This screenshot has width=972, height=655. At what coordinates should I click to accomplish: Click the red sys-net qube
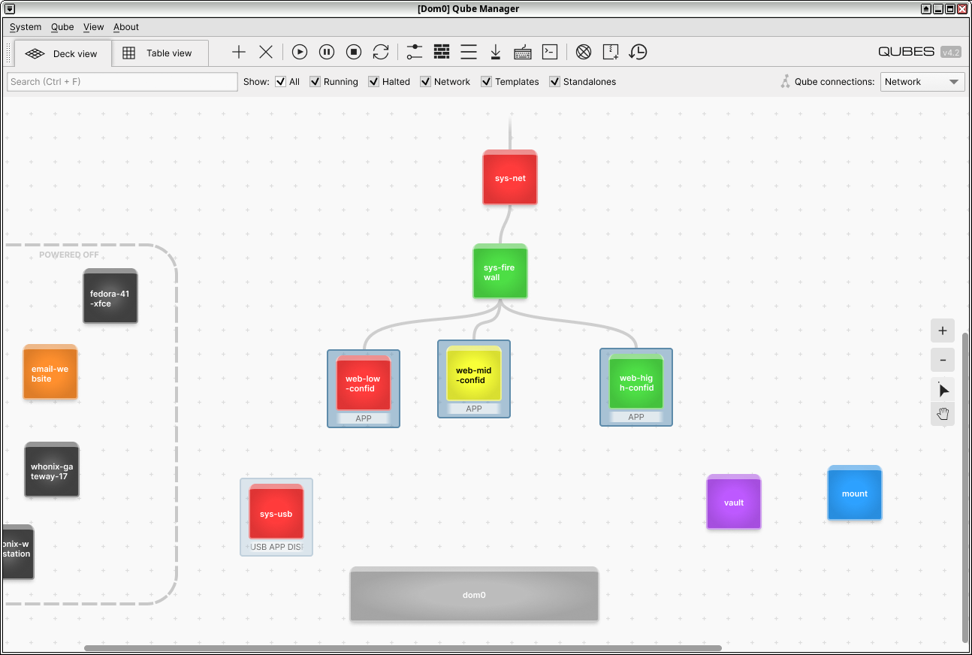pos(510,177)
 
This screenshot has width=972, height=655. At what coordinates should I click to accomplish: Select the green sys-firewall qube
pos(500,271)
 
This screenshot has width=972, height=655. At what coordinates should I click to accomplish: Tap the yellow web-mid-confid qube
pos(473,374)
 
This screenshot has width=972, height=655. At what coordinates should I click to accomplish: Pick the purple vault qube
pos(733,502)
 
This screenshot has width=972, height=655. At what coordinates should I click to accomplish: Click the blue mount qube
pos(854,493)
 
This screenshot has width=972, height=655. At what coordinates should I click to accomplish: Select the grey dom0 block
pos(474,594)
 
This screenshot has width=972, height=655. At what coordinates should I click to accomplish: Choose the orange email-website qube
pos(50,372)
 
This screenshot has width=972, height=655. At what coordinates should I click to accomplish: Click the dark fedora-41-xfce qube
pos(110,296)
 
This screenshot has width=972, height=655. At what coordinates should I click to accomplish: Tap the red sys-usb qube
pos(276,512)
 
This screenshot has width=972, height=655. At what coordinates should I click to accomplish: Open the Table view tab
pos(160,53)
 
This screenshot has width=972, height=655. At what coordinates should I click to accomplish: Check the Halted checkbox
pos(373,82)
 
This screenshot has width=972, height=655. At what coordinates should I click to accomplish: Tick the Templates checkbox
pos(486,82)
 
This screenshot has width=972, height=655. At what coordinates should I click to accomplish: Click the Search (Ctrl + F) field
pos(122,82)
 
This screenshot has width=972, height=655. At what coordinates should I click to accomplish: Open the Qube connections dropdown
pos(922,82)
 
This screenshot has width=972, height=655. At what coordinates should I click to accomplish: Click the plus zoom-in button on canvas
pos(942,331)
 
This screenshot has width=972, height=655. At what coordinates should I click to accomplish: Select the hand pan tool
pos(942,414)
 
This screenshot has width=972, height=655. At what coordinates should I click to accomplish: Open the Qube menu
pos(62,27)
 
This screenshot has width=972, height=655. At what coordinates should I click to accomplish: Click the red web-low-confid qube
pos(364,383)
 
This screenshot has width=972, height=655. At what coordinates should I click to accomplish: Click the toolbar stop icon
pos(354,52)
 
